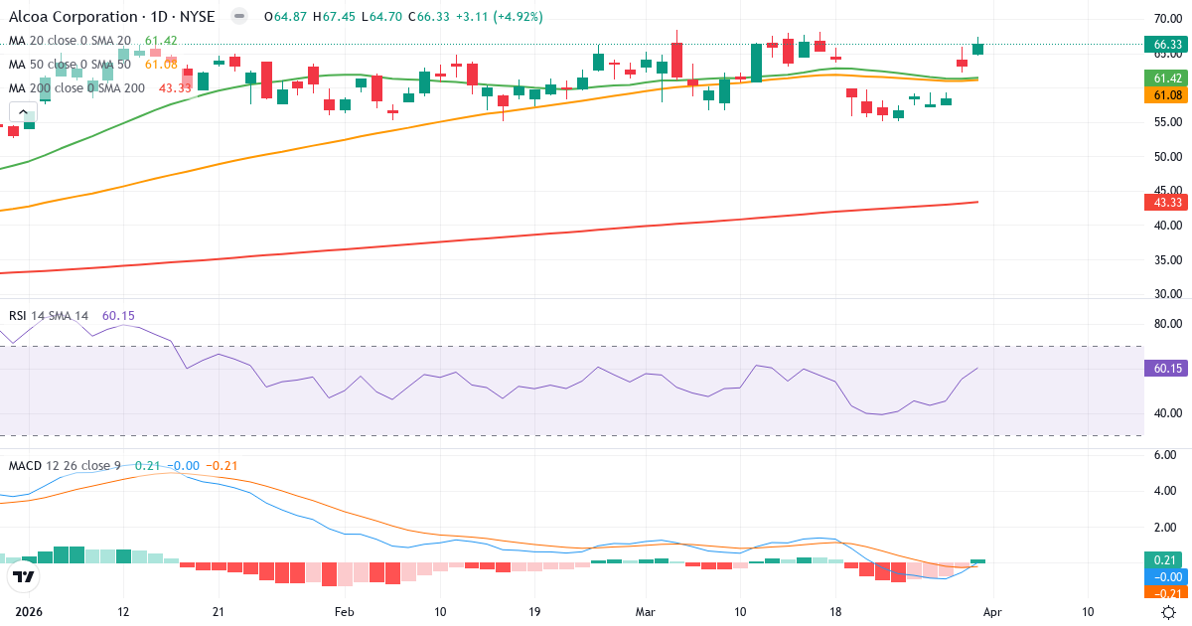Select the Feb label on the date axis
[344, 612]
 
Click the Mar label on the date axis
[644, 612]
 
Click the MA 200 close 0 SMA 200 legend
[76, 88]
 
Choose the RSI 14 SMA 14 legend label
[49, 316]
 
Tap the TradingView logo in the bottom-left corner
[23, 576]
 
